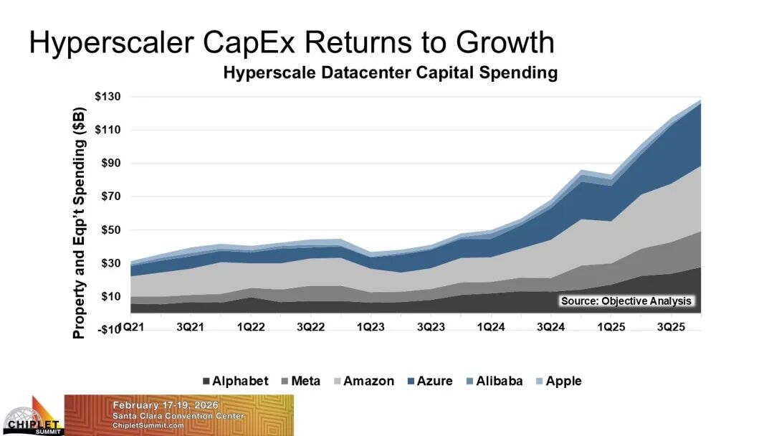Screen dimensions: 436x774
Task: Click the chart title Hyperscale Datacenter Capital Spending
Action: (x=391, y=72)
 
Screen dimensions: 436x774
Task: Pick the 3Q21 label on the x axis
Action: (x=189, y=328)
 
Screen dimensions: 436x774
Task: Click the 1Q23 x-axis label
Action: (x=370, y=328)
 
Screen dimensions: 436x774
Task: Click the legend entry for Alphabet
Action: (x=235, y=381)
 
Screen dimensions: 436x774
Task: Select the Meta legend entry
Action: (x=300, y=381)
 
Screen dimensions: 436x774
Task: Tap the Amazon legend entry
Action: (x=362, y=381)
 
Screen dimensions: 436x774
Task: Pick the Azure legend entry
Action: (x=429, y=381)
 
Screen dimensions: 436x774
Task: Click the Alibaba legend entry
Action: (x=492, y=381)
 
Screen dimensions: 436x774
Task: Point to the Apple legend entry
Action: (x=558, y=381)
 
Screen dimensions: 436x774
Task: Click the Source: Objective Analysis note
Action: (x=626, y=301)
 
